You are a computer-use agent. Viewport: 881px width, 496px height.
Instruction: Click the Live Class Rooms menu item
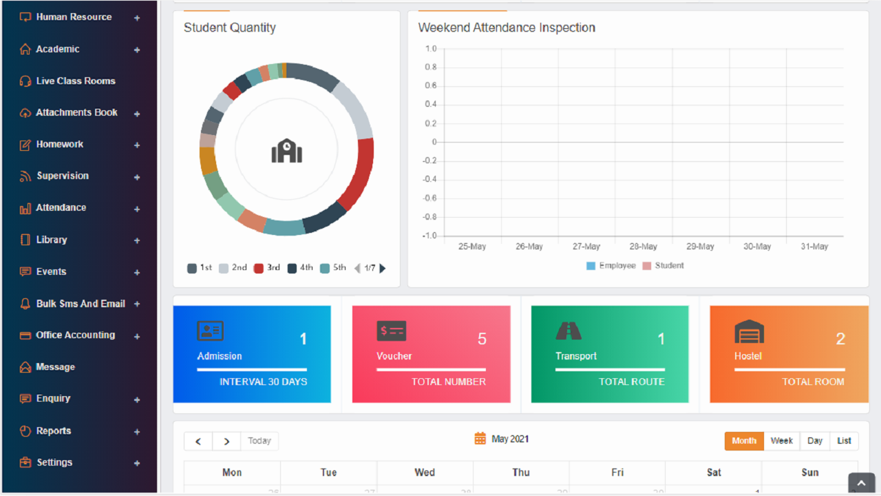pos(75,81)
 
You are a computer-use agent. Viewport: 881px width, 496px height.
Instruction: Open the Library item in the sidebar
pos(52,240)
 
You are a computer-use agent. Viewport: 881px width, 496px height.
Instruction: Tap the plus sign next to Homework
pos(137,145)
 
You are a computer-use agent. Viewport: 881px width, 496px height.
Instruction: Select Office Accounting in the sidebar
pos(75,335)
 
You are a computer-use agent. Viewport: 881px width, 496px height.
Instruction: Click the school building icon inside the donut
pos(286,150)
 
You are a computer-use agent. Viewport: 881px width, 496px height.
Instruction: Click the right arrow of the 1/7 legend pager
pos(383,268)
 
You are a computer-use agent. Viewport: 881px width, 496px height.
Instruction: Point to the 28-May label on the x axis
pos(644,247)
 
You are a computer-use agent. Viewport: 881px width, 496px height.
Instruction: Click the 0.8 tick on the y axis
pos(431,68)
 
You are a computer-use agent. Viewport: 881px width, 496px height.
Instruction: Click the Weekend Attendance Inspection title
pos(507,28)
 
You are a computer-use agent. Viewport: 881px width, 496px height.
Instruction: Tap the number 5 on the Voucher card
pos(482,339)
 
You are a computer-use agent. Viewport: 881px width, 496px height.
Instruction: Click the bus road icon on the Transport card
pos(569,331)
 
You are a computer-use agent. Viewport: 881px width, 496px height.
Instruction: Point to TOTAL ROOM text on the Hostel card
pos(813,382)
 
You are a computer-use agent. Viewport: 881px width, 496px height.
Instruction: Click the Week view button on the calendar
pos(781,441)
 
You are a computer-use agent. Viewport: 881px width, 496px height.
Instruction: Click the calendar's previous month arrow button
pos(198,441)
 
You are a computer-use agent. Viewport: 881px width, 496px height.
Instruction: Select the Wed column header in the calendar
pos(425,473)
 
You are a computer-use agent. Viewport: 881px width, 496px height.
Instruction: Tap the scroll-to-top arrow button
pos(861,483)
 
